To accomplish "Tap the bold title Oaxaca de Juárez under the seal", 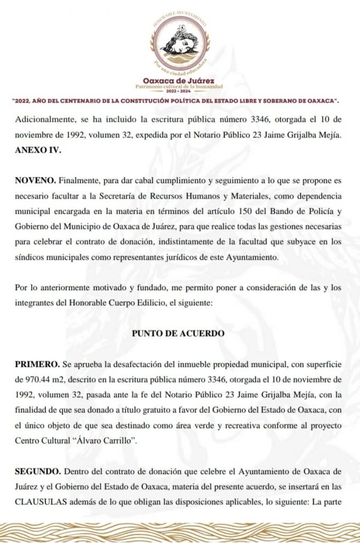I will pos(179,81).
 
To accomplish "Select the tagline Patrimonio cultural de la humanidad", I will pos(179,86).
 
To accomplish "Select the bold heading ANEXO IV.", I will pos(39,150).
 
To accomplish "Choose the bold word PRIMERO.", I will pos(37,365).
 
